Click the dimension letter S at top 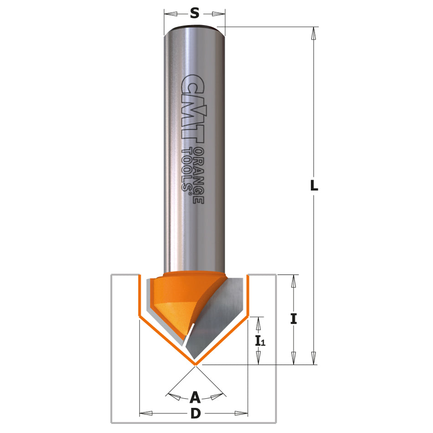195,14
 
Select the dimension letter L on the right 314,186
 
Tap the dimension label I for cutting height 294,319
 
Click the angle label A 195,397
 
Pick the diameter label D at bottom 195,414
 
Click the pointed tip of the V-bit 195,364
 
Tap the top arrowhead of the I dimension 294,280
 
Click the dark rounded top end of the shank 195,28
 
